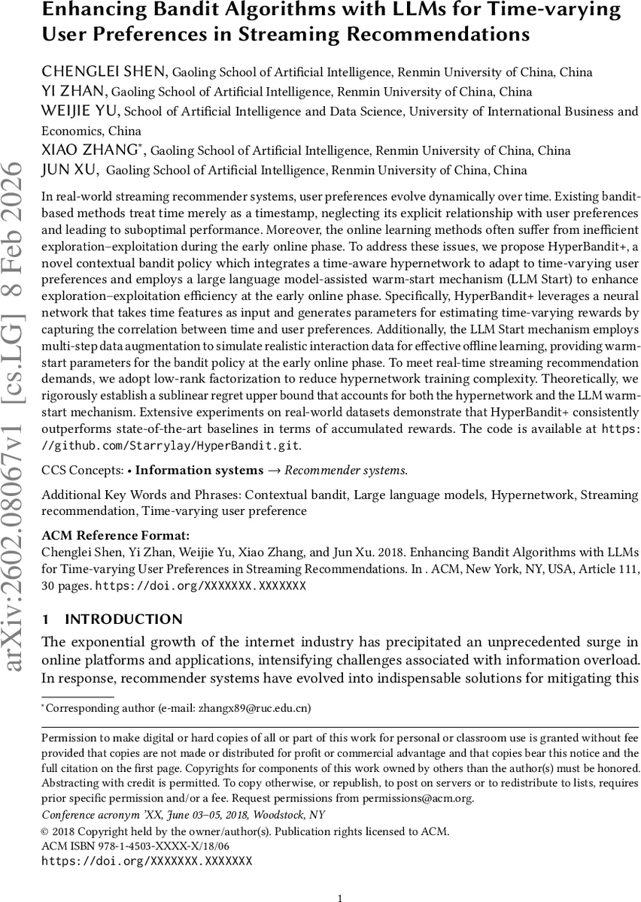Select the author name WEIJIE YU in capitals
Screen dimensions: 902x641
81,111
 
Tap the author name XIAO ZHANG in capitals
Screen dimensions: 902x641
94,150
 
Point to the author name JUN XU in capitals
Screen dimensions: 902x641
71,170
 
